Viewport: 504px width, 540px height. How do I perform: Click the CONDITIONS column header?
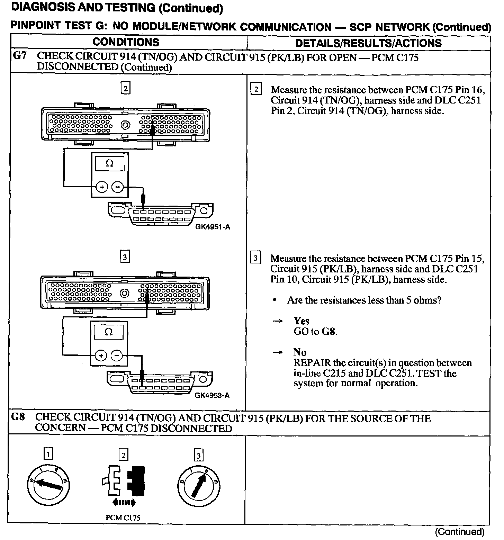pyautogui.click(x=126, y=42)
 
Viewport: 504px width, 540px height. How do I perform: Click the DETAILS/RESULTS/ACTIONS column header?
pyautogui.click(x=368, y=43)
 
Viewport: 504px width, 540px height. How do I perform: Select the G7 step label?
pyautogui.click(x=20, y=56)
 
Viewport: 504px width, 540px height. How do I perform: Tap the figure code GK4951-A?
pyautogui.click(x=213, y=227)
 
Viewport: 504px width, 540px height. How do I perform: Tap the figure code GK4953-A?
pyautogui.click(x=212, y=395)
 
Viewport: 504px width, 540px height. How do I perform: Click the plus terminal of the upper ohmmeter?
pyautogui.click(x=102, y=187)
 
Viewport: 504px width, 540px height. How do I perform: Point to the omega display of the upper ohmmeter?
pyautogui.click(x=109, y=163)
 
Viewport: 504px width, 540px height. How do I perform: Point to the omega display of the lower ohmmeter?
pyautogui.click(x=109, y=332)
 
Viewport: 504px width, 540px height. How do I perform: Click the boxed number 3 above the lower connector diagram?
pyautogui.click(x=125, y=257)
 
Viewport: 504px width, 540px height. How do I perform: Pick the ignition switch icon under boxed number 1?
pyautogui.click(x=49, y=483)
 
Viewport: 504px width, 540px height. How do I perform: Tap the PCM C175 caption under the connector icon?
pyautogui.click(x=123, y=518)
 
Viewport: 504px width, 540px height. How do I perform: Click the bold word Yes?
pyautogui.click(x=301, y=321)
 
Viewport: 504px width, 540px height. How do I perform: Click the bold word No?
pyautogui.click(x=300, y=352)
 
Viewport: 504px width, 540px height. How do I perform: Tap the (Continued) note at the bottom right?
pyautogui.click(x=459, y=532)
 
